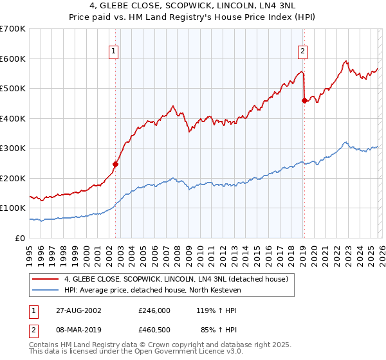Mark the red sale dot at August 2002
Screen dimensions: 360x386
[116, 164]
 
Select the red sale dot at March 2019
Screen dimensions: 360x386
[304, 100]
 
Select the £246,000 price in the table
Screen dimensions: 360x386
[154, 310]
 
